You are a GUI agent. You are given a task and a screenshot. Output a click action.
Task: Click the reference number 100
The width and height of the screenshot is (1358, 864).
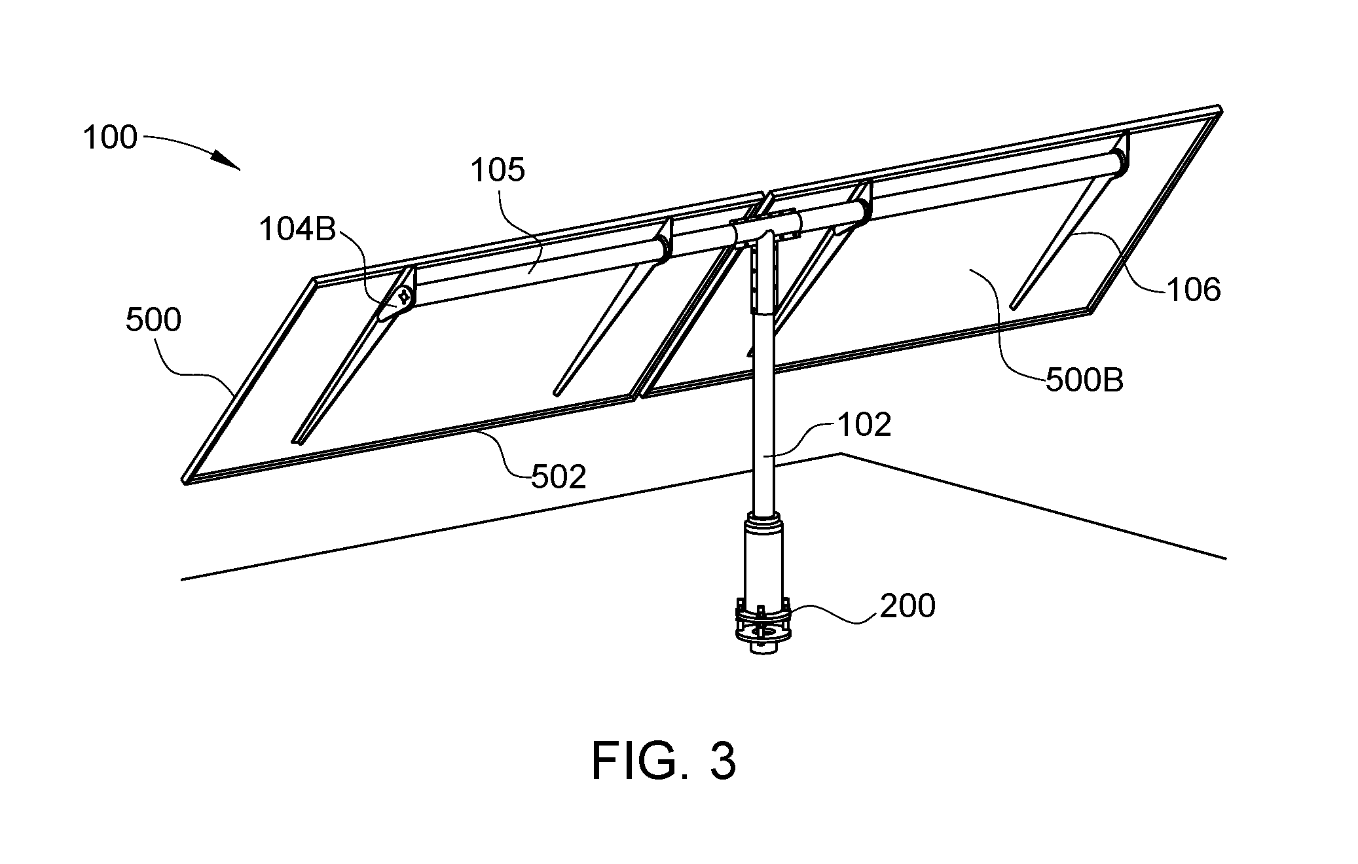pos(110,138)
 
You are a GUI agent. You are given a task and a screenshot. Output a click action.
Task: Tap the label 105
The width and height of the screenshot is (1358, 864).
pos(498,170)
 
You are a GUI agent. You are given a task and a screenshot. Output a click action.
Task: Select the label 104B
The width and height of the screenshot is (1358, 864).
pos(297,230)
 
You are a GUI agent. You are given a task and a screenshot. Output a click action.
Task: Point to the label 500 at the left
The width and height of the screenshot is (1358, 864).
pos(153,321)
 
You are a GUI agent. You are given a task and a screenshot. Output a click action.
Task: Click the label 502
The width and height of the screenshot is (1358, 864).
pos(559,478)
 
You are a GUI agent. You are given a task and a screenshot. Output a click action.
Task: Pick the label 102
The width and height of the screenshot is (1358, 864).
pos(864,425)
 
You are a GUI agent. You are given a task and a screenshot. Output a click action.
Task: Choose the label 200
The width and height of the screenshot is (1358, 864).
pos(908,606)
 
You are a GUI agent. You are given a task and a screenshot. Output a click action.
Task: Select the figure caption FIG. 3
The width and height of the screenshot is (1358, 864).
pos(664,761)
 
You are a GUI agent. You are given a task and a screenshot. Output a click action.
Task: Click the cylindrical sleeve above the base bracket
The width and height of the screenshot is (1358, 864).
pos(762,556)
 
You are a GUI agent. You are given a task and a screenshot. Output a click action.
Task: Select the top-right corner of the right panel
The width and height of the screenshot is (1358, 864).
pos(1219,107)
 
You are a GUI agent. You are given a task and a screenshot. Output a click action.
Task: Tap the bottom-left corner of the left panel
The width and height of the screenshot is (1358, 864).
pos(185,482)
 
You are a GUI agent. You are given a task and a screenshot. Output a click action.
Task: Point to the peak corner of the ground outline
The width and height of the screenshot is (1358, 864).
pos(840,454)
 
